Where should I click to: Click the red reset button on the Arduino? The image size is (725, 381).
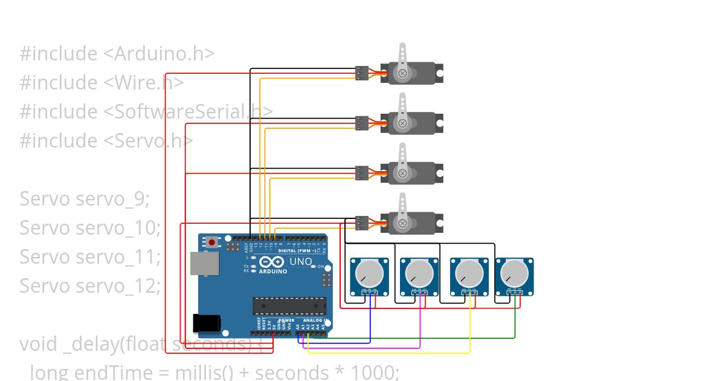pos(212,243)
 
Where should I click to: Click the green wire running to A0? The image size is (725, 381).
pos(423,338)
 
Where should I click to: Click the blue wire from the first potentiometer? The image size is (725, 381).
pos(338,344)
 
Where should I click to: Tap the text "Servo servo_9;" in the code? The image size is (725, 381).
pos(84,198)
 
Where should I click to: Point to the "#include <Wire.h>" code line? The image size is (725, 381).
pos(101,82)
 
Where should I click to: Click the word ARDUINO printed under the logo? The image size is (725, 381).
pos(272,272)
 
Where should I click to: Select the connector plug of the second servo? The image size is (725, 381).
pos(361,123)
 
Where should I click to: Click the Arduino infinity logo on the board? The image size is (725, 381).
pos(272,262)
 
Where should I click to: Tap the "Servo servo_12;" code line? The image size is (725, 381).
pos(90,285)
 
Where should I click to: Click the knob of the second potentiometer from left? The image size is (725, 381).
pos(417,273)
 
